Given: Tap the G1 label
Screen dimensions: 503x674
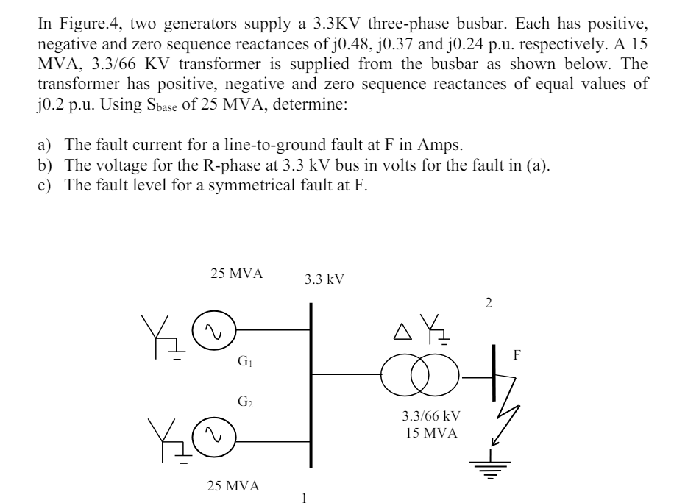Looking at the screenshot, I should point(244,361).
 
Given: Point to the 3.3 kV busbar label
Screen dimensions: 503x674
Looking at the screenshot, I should point(323,279).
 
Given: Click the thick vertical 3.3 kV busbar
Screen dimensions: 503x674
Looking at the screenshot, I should point(312,382).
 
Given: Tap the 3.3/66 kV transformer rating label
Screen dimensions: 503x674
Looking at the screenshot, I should point(430,416).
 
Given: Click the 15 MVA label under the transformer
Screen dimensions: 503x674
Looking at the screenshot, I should point(430,433).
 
